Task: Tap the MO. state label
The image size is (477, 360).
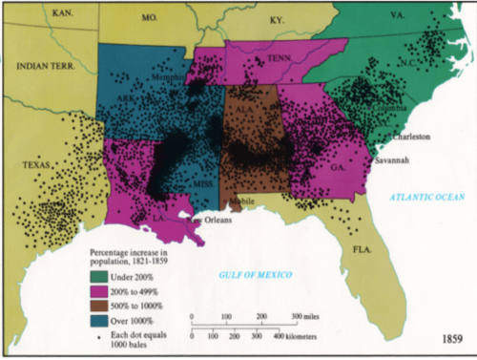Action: (x=148, y=16)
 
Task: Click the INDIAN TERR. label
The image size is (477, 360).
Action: (x=45, y=65)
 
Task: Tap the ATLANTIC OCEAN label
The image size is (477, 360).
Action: (x=425, y=197)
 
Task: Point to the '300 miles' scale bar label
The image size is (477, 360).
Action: (x=309, y=316)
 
